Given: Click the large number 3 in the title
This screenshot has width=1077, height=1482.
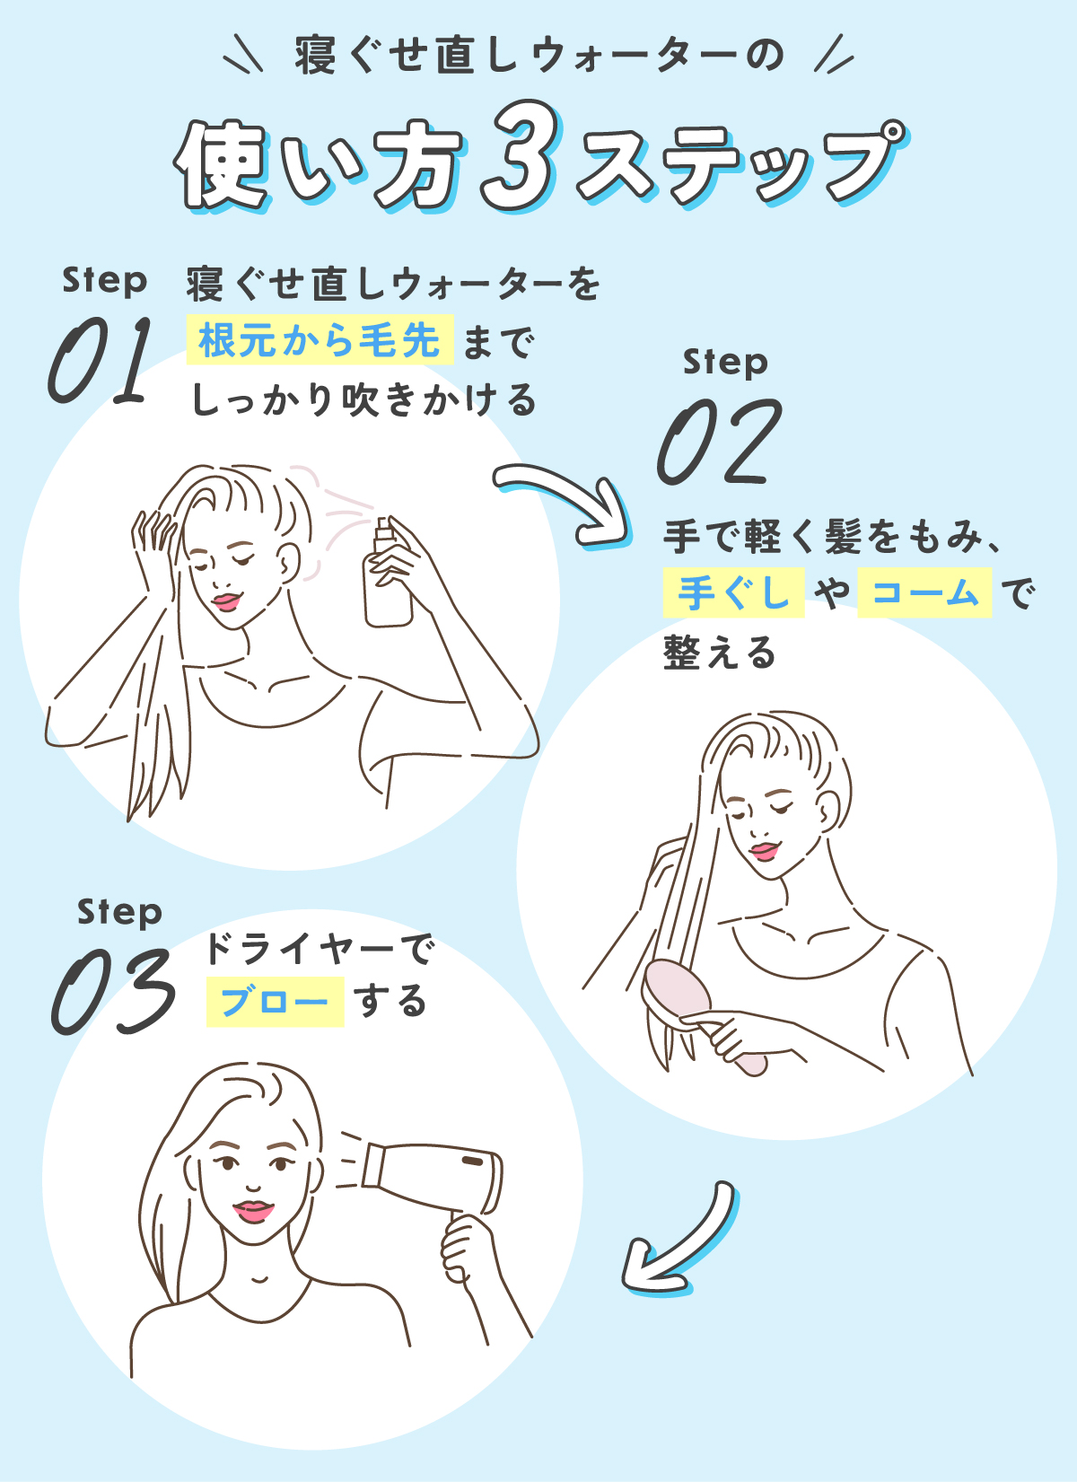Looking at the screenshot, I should coord(519,155).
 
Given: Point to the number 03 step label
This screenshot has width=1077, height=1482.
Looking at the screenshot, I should coord(113,991).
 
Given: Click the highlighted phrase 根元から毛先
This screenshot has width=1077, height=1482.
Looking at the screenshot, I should coord(319,340).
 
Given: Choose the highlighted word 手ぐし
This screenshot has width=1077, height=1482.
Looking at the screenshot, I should coord(733,592).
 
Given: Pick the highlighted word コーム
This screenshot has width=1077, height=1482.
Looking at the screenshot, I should coord(924,592).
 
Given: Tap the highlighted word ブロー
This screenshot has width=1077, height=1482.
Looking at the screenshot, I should coord(275,1002).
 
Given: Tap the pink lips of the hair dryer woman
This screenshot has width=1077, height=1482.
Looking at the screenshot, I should coord(253,1211).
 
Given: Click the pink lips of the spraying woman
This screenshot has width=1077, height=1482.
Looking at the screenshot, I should coord(226,600).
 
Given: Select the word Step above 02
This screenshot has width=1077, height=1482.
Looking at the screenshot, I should coord(725,362).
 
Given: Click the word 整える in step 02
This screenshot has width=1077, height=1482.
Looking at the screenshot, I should coord(720,653).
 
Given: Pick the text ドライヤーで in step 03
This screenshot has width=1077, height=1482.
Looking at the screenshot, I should coord(320,948).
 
